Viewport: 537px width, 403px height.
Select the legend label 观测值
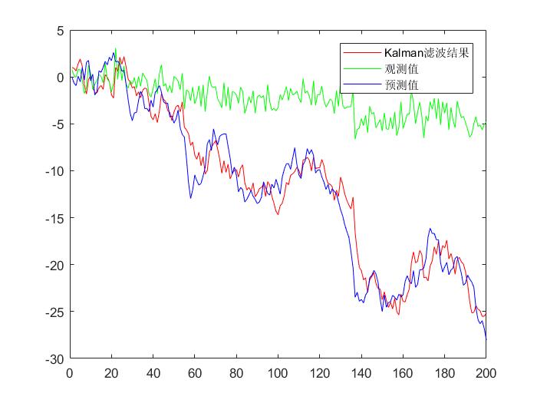[x=402, y=70]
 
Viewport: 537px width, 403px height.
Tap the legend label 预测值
[x=402, y=85]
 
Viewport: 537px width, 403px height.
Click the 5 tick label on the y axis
[x=58, y=31]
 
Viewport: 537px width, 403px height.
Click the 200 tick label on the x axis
[x=486, y=373]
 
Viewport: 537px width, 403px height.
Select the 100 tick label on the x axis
[x=278, y=373]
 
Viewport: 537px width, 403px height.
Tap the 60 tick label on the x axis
[x=194, y=373]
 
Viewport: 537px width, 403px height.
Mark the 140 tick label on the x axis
[x=361, y=373]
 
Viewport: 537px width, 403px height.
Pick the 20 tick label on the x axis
[x=111, y=373]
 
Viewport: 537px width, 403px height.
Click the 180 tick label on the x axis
[x=444, y=373]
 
